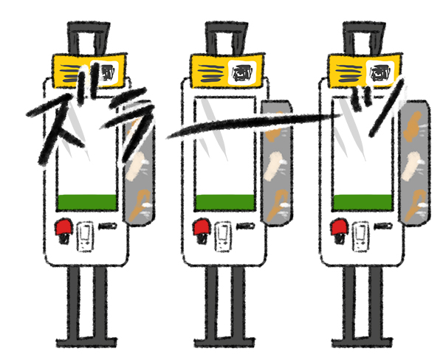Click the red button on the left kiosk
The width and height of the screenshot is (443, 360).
pyautogui.click(x=63, y=226)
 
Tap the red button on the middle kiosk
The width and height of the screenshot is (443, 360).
pyautogui.click(x=201, y=226)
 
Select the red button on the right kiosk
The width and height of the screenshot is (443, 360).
pyautogui.click(x=339, y=226)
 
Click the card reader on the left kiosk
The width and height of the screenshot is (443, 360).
pyautogui.click(x=86, y=237)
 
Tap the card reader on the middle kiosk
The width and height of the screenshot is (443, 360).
pyautogui.click(x=223, y=237)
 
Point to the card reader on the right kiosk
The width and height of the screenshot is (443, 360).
pyautogui.click(x=361, y=237)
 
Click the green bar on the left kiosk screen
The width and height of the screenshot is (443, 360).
pyautogui.click(x=87, y=202)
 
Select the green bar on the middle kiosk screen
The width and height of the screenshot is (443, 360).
pyautogui.click(x=225, y=202)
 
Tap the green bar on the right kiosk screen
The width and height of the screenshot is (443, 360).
pyautogui.click(x=363, y=202)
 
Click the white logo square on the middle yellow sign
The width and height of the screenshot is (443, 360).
pyautogui.click(x=242, y=72)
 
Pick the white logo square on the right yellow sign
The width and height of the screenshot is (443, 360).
pyautogui.click(x=380, y=72)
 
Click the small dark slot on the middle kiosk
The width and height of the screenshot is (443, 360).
pyautogui.click(x=245, y=226)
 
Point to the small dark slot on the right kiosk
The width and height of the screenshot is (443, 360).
pyautogui.click(x=383, y=226)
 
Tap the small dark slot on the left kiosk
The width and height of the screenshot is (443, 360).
pyautogui.click(x=107, y=226)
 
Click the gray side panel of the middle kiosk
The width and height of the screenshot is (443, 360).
pyautogui.click(x=277, y=162)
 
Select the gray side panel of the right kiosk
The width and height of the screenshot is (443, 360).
pyautogui.click(x=414, y=162)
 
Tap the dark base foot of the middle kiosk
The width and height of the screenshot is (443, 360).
pyautogui.click(x=225, y=342)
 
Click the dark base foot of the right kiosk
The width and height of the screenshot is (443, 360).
pyautogui.click(x=363, y=342)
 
